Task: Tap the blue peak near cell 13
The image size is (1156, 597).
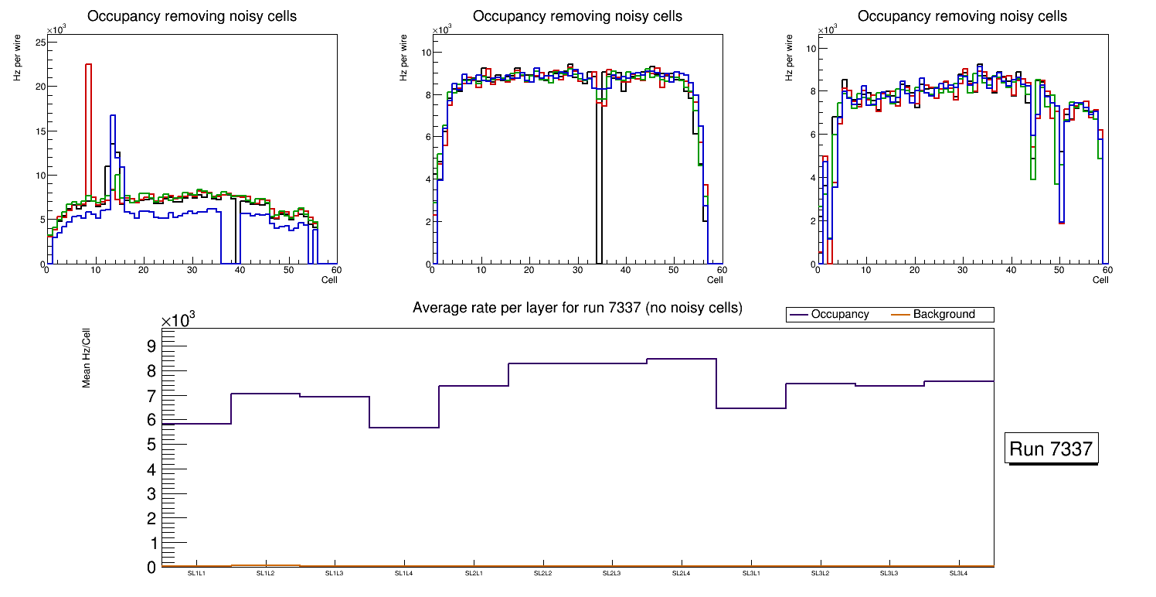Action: tap(113, 116)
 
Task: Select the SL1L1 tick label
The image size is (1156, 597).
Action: tap(196, 574)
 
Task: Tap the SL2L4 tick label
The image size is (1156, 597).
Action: tap(681, 574)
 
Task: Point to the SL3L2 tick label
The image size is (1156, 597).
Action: tap(820, 574)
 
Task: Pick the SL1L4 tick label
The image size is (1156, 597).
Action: tap(404, 574)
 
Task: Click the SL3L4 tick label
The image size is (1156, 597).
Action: tap(958, 574)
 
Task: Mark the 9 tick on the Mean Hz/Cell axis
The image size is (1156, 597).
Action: tap(151, 346)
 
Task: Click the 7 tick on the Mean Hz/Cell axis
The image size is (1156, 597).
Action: tap(151, 395)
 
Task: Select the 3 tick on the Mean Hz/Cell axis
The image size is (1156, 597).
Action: tap(151, 494)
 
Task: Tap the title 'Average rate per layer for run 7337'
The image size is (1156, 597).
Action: tap(577, 308)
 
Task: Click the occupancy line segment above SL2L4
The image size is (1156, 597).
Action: tap(682, 359)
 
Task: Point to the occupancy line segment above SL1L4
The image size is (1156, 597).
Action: tap(404, 428)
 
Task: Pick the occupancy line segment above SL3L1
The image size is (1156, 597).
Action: tap(751, 408)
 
